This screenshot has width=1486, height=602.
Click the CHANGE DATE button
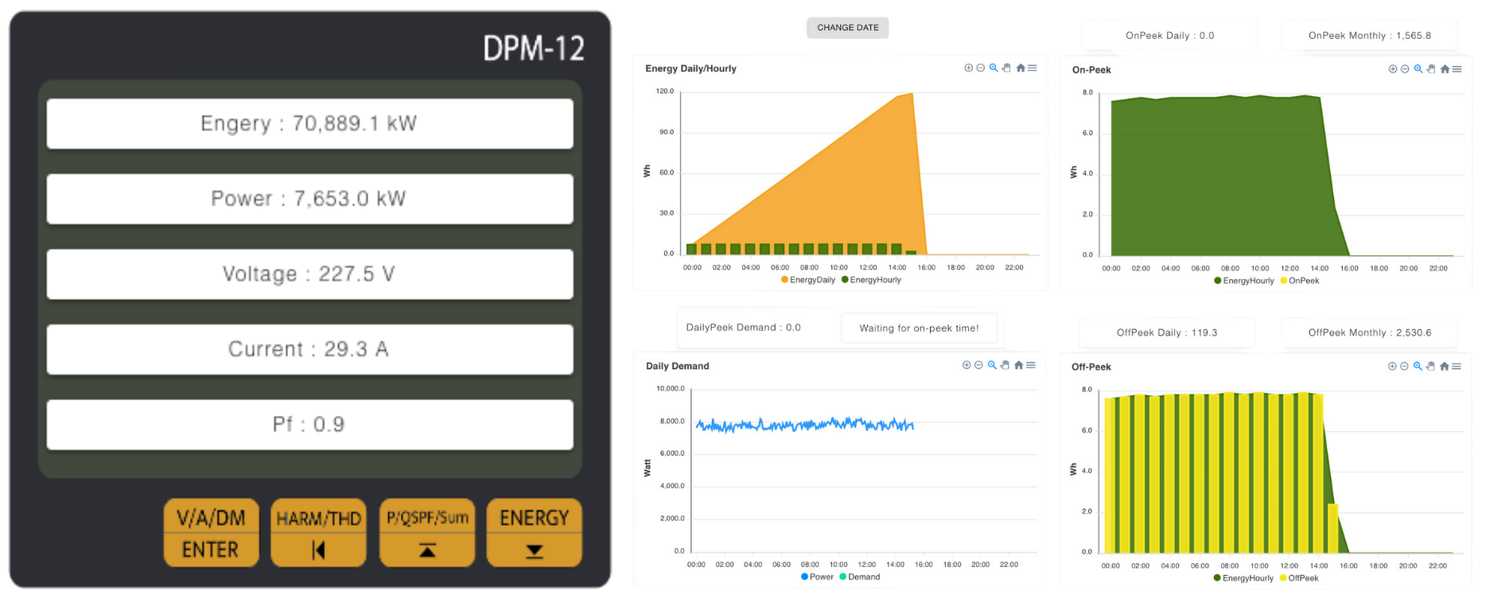[x=847, y=28]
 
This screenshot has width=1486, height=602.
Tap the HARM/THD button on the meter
[x=318, y=533]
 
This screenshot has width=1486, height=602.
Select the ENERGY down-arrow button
[x=534, y=533]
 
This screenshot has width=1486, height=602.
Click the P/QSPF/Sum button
[x=427, y=533]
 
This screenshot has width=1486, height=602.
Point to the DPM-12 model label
[x=533, y=49]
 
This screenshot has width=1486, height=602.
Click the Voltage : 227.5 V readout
[x=309, y=274]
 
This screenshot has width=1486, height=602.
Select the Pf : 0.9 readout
[x=309, y=425]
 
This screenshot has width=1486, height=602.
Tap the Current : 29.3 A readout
[x=309, y=349]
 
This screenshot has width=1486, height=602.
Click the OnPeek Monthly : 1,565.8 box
[x=1369, y=36]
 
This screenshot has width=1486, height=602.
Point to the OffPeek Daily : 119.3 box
[x=1166, y=333]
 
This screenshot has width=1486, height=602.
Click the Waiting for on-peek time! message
[x=919, y=328]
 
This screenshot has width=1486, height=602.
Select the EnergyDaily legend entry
[x=808, y=280]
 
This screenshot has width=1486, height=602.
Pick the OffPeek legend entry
[x=1299, y=578]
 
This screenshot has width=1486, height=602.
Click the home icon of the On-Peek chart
[x=1445, y=69]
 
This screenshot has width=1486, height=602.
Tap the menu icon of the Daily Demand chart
[x=1031, y=365]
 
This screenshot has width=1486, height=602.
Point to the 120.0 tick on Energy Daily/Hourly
[x=664, y=91]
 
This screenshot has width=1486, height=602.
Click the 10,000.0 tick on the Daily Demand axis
[x=670, y=389]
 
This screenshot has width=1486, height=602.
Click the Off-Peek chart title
[x=1091, y=367]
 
